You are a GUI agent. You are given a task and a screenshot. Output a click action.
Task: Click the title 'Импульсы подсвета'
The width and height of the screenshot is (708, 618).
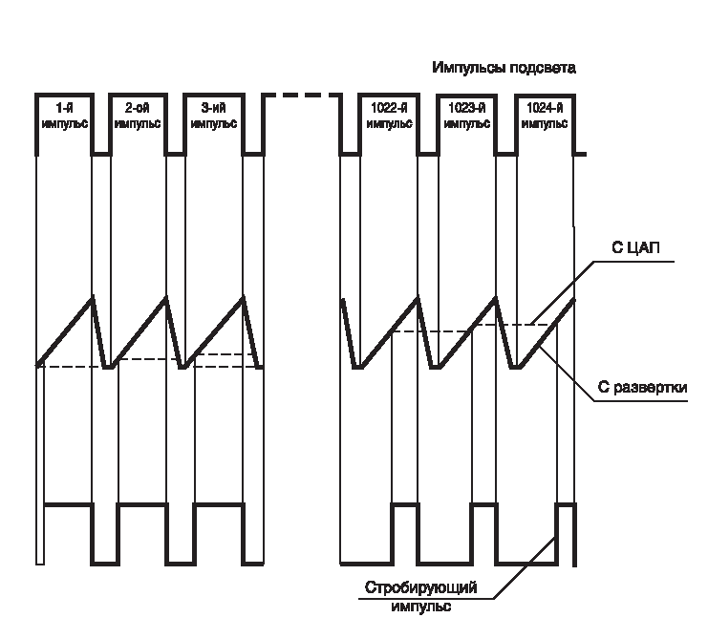tap(504, 68)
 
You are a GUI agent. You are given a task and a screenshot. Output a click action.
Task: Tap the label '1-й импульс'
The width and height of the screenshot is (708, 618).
tap(65, 116)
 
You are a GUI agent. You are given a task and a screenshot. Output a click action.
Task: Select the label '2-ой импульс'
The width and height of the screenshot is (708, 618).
tap(138, 116)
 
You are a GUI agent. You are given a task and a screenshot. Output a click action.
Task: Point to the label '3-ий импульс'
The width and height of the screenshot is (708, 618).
tap(214, 116)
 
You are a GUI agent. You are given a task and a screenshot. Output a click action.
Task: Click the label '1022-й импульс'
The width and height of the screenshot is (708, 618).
tap(389, 116)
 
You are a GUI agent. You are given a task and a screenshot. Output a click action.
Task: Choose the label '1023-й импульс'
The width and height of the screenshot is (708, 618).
tap(467, 116)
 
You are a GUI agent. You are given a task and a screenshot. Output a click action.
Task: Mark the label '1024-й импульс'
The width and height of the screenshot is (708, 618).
tap(545, 116)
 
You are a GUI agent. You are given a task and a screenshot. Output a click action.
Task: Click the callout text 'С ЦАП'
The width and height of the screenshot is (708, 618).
tap(635, 247)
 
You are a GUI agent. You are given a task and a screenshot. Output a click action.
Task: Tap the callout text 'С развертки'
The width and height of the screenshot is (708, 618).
tap(642, 387)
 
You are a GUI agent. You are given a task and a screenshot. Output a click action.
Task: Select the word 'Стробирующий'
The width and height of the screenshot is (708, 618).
tap(420, 587)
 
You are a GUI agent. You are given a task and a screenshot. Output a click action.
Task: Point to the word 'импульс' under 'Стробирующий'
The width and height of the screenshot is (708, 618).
tap(420, 607)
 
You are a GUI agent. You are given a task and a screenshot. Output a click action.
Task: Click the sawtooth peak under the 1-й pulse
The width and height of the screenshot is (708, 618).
tap(93, 297)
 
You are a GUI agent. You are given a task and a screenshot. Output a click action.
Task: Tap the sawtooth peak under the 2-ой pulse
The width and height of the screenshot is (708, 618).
tap(166, 297)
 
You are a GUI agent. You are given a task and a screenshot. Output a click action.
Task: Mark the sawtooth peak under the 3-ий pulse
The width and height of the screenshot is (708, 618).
tap(244, 297)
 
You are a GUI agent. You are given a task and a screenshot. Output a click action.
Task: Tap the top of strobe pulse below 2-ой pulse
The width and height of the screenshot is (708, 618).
tap(142, 504)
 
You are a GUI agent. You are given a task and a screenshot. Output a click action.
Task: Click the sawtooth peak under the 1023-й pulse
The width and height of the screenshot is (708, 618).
tap(496, 298)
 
